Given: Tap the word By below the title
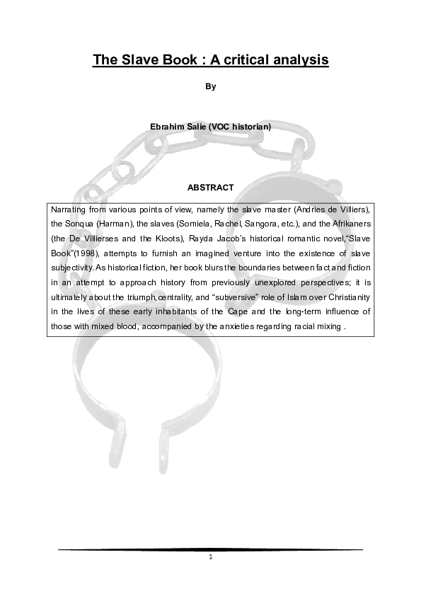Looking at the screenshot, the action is tap(210, 87).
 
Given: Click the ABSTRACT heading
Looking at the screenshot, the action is tap(210, 188).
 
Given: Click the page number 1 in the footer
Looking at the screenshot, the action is tap(210, 556).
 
